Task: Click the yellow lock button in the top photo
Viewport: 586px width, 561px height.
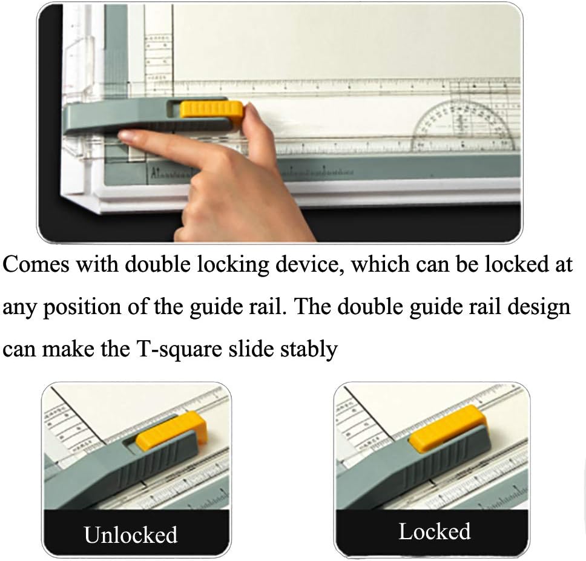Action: click(211, 110)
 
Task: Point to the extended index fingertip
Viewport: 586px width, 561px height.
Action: click(129, 139)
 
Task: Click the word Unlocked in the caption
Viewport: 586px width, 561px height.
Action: click(130, 535)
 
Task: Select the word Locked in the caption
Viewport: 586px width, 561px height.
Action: click(434, 531)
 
